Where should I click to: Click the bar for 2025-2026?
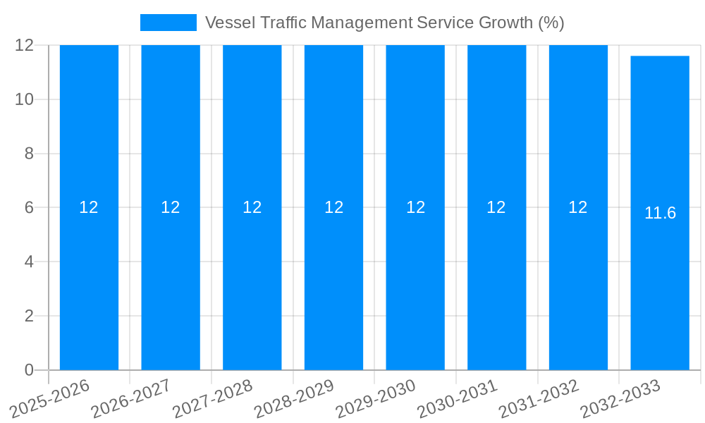89,282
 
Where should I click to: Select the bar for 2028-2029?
333,282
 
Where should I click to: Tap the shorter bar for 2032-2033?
660,282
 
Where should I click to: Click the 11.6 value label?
660,213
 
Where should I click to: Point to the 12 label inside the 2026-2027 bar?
171,207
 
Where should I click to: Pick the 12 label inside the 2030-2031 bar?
496,207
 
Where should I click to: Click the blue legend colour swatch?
168,23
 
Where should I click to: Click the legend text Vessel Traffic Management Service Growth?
384,23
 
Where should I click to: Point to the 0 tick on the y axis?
29,370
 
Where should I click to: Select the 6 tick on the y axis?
29,207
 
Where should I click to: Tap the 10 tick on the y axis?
25,99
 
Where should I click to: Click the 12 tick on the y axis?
25,45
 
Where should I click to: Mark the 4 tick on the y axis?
29,262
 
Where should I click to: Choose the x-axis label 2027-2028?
213,399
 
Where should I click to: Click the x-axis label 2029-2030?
376,399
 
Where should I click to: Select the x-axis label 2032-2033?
620,399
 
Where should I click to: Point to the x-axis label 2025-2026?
50,399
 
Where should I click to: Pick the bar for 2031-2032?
578,282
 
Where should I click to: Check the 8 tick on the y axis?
29,154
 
